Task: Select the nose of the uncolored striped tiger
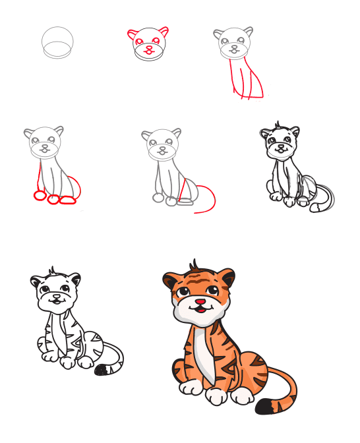coord(55,297)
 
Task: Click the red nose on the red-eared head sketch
coord(149,47)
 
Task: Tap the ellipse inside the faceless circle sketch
coord(57,50)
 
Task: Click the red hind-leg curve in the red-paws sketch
coord(78,185)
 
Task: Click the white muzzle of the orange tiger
coord(198,310)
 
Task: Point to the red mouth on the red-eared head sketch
coord(150,53)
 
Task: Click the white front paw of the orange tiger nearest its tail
coord(242,396)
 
